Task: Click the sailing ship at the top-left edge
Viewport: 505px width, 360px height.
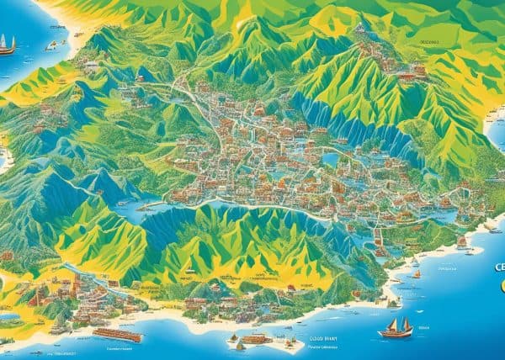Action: click(8, 45)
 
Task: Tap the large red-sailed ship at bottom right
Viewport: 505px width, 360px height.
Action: click(396, 326)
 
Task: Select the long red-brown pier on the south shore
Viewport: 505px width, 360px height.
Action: click(117, 335)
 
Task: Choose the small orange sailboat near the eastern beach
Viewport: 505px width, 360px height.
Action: click(417, 273)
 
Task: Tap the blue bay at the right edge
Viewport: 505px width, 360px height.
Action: click(497, 126)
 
